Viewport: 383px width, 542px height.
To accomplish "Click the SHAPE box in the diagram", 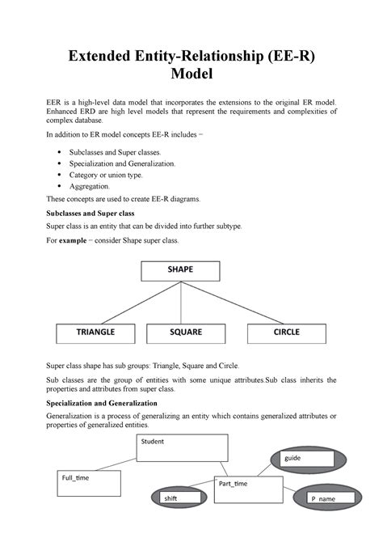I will [180, 270].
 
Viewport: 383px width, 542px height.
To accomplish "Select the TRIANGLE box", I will [95, 332].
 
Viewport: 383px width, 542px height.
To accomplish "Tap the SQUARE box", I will [186, 332].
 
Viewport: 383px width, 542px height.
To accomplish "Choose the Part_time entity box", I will [248, 489].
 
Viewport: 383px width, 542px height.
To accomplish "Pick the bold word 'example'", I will [82, 241].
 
